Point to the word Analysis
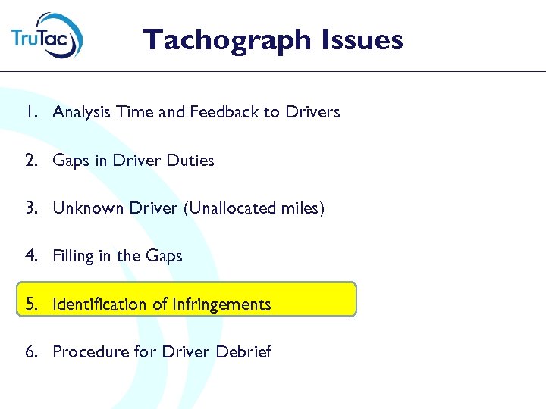click(81, 113)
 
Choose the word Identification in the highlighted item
click(99, 304)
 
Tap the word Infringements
click(221, 304)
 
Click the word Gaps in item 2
click(70, 161)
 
